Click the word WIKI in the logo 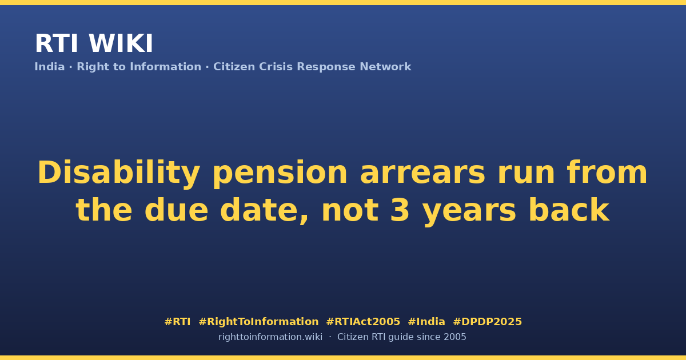pos(121,43)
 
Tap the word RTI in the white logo pos(57,43)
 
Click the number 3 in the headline pos(400,210)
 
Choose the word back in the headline pos(569,209)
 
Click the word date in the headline pos(264,209)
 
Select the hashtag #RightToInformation pos(258,322)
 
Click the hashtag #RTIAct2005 pos(363,322)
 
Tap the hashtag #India pos(426,322)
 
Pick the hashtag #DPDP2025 pos(487,322)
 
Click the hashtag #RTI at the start pos(177,322)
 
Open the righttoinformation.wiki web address pos(270,337)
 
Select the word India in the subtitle pos(50,67)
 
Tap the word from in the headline pos(607,173)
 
